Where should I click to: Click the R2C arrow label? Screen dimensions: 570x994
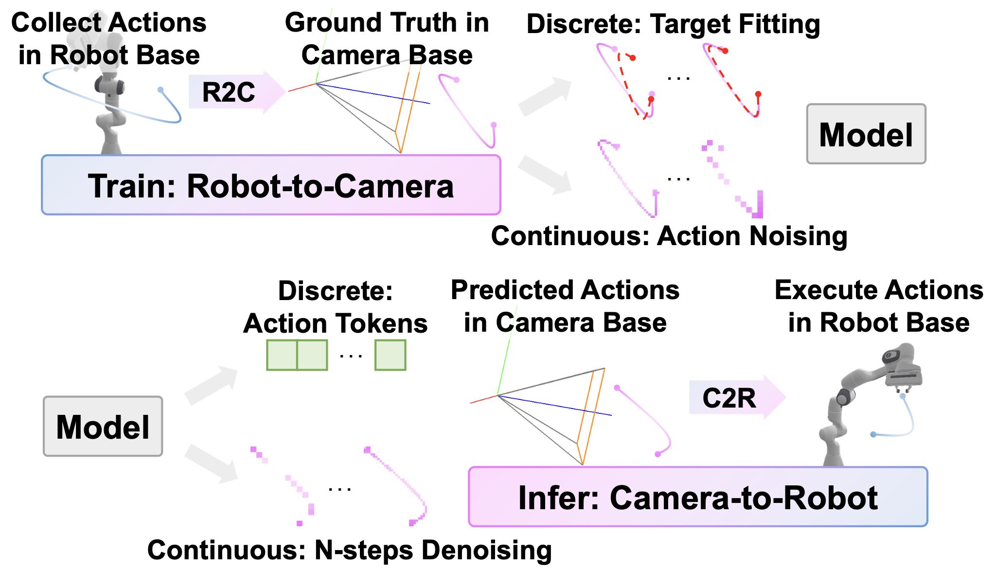click(x=229, y=92)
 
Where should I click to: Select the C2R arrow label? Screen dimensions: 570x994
click(x=729, y=398)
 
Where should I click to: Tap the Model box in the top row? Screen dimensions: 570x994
click(x=866, y=134)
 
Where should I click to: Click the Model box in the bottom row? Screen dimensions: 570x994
click(x=103, y=427)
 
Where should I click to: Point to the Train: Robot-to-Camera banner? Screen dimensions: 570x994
click(x=271, y=185)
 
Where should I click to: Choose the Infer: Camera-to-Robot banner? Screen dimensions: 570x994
click(x=697, y=497)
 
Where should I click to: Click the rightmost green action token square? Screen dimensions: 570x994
click(x=390, y=356)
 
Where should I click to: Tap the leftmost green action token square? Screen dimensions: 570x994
click(x=282, y=356)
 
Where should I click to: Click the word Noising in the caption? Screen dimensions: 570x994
click(x=800, y=236)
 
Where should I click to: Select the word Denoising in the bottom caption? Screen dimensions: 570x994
click(x=486, y=551)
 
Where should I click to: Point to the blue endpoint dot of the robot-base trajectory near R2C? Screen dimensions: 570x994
click(x=160, y=89)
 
